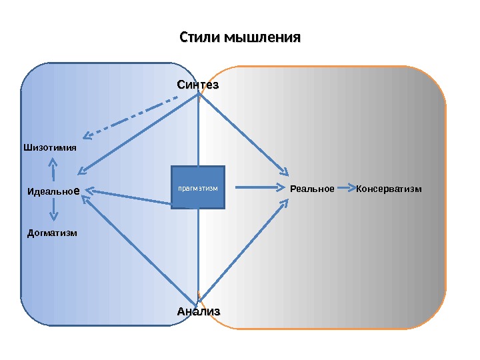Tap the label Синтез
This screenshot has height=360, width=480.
pyautogui.click(x=198, y=85)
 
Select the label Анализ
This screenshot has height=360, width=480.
pyautogui.click(x=198, y=311)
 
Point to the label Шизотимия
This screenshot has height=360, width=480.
pyautogui.click(x=50, y=147)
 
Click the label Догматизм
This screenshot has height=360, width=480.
pyautogui.click(x=52, y=233)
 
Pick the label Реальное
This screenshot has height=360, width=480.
pyautogui.click(x=312, y=189)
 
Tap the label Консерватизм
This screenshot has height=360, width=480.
pyautogui.click(x=389, y=189)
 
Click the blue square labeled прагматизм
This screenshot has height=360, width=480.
pyautogui.click(x=198, y=187)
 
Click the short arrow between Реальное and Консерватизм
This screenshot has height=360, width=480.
pyautogui.click(x=345, y=189)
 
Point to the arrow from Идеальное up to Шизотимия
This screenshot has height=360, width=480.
pyautogui.click(x=53, y=169)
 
